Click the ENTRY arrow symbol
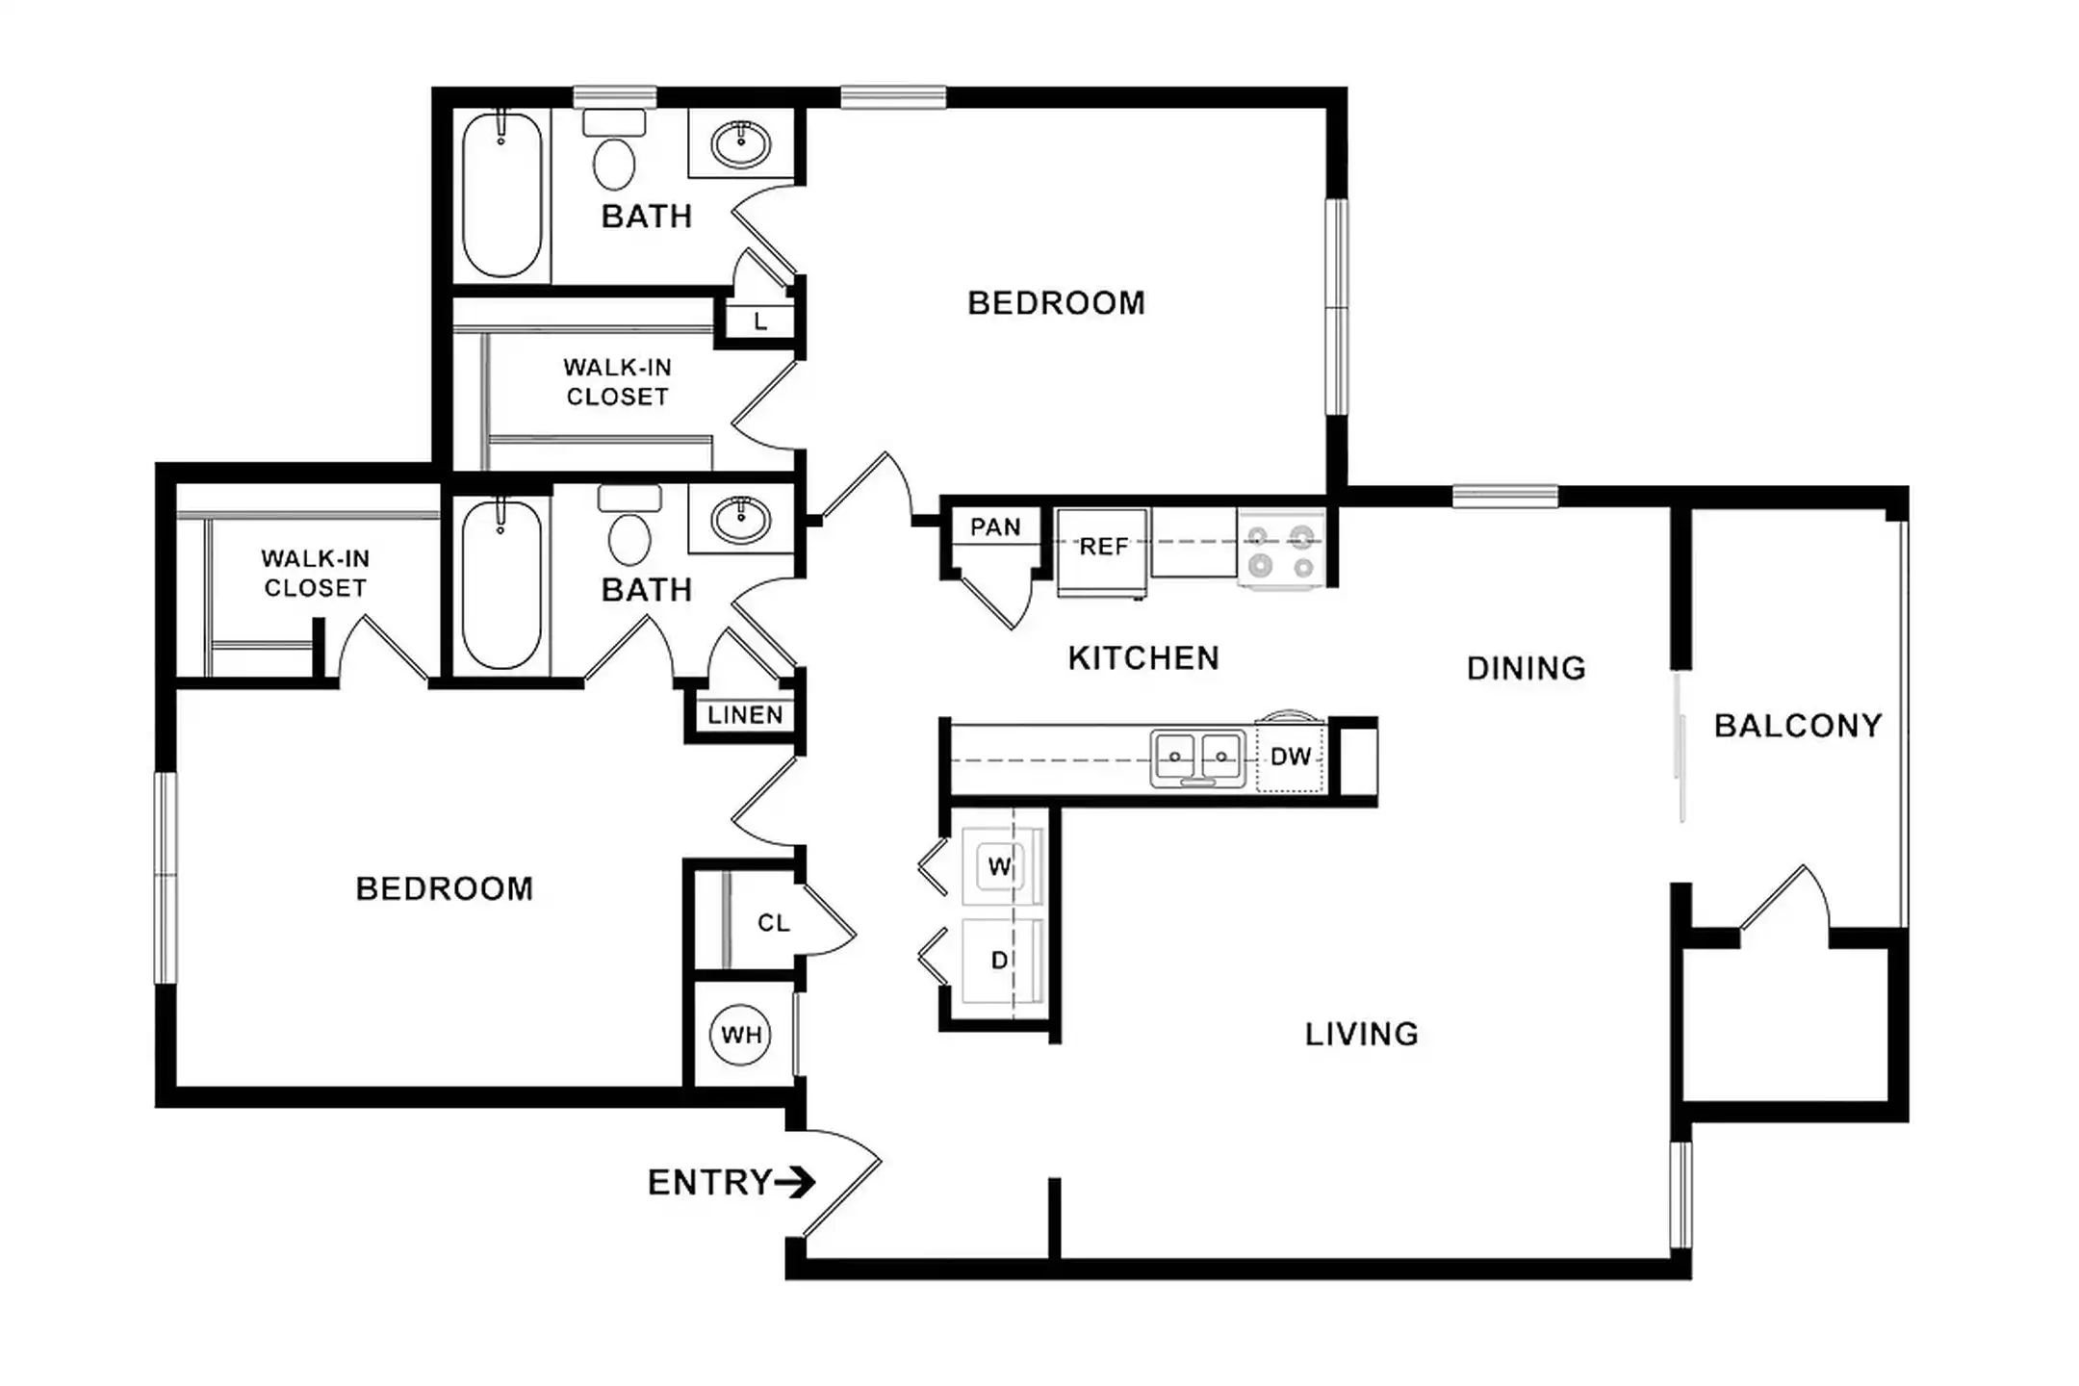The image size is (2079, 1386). click(x=796, y=1182)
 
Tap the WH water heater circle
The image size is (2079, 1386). click(x=741, y=1035)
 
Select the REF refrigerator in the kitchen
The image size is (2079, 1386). click(x=1102, y=552)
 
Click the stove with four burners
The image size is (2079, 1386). click(x=1281, y=550)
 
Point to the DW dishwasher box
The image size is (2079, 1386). click(x=1291, y=757)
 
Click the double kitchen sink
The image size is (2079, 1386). click(x=1198, y=758)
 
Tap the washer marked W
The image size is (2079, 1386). click(x=1001, y=866)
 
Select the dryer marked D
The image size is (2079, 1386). click(x=1001, y=961)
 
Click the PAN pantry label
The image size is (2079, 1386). click(x=995, y=527)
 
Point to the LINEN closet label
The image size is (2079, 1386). click(x=745, y=715)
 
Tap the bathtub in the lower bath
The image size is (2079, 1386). click(x=501, y=584)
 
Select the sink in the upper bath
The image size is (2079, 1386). click(x=741, y=145)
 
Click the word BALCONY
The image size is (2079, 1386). click(x=1798, y=726)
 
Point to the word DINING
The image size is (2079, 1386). click(x=1527, y=668)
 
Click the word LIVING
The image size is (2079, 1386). click(x=1362, y=1034)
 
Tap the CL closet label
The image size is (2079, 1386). click(x=774, y=923)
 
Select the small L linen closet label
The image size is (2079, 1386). click(x=760, y=322)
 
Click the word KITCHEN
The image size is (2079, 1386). click(x=1143, y=658)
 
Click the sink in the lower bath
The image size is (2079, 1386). click(x=741, y=521)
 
